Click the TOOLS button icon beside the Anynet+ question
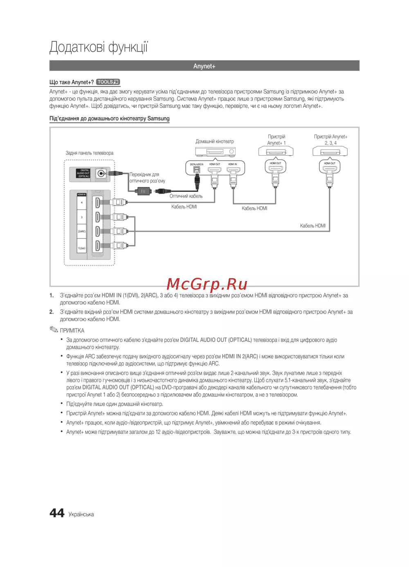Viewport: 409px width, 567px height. pyautogui.click(x=108, y=82)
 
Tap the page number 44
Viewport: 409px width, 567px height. pyautogui.click(x=57, y=513)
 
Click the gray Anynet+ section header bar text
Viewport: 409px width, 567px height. pyautogui.click(x=204, y=66)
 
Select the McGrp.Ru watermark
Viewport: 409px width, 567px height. pyautogui.click(x=207, y=283)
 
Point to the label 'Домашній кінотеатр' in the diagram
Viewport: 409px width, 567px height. pyautogui.click(x=215, y=141)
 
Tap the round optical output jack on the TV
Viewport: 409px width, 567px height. pyautogui.click(x=101, y=174)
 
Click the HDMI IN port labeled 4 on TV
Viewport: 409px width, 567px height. pyautogui.click(x=97, y=202)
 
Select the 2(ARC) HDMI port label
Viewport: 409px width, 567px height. pyautogui.click(x=82, y=232)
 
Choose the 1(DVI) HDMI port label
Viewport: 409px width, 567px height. pyautogui.click(x=82, y=248)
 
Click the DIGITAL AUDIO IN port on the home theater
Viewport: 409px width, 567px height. pyautogui.click(x=197, y=169)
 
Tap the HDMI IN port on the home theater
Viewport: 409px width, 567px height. pyautogui.click(x=233, y=169)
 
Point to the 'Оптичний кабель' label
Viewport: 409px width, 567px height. pyautogui.click(x=186, y=196)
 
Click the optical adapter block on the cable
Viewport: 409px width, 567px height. pyautogui.click(x=143, y=191)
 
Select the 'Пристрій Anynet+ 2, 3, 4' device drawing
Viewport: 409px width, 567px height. pyautogui.click(x=330, y=152)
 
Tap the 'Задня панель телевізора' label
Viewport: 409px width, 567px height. pyautogui.click(x=90, y=153)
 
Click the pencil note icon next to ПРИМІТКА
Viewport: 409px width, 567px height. pyautogui.click(x=54, y=329)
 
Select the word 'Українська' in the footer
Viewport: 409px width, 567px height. pyautogui.click(x=81, y=515)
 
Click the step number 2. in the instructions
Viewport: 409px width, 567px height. pyautogui.click(x=52, y=312)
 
